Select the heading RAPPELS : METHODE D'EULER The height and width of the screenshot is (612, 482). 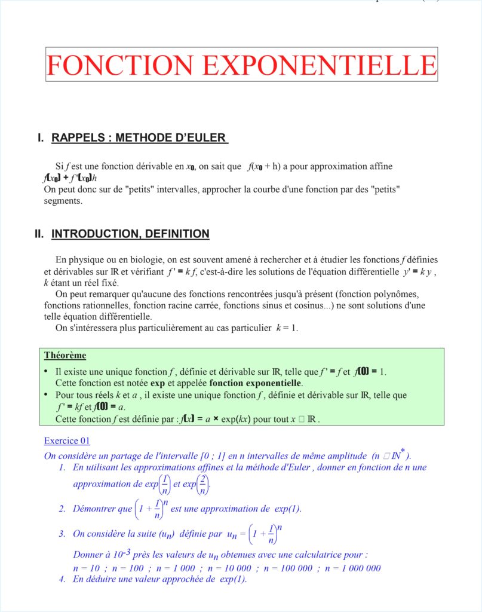click(x=139, y=138)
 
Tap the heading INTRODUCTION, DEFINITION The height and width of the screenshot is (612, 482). click(x=130, y=234)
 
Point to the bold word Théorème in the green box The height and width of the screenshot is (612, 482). click(x=65, y=356)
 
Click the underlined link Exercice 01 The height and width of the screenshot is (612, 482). click(x=67, y=441)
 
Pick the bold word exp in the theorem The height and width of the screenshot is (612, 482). click(x=157, y=383)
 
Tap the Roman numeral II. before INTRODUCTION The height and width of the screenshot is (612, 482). click(x=39, y=234)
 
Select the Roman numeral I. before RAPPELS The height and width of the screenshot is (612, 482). click(x=41, y=138)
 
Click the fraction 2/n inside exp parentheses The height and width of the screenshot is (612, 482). click(x=204, y=485)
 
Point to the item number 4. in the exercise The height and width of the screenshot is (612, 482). click(x=62, y=579)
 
